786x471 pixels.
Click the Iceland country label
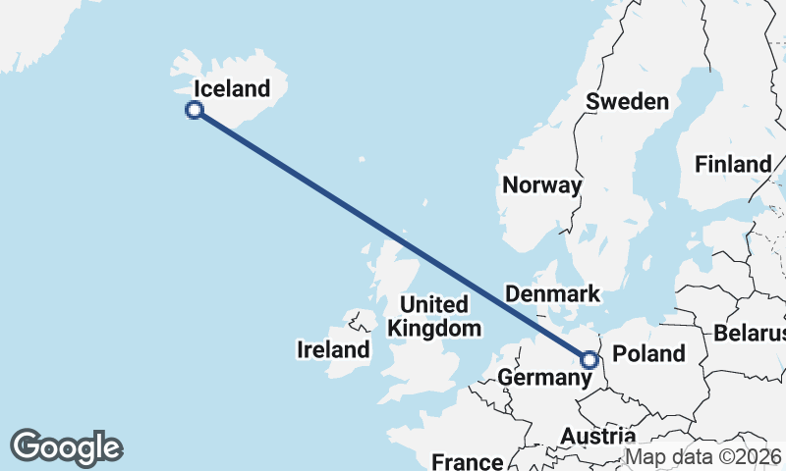coord(232,89)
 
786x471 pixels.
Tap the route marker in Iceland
coord(195,110)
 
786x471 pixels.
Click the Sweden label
coord(627,101)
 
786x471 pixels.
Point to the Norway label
coord(541,185)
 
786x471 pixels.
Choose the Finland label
coord(733,164)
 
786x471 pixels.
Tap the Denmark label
coord(551,294)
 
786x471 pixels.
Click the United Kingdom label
coord(434,316)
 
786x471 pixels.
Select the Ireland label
coord(334,349)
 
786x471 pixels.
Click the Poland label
coord(647,353)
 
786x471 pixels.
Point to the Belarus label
coord(751,333)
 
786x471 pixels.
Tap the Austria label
coord(597,436)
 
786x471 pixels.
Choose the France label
coord(468,461)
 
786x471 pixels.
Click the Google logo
coord(66,447)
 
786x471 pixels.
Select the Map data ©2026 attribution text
coord(702,456)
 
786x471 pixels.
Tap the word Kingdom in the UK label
coord(434,328)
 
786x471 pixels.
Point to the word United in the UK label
coord(434,304)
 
